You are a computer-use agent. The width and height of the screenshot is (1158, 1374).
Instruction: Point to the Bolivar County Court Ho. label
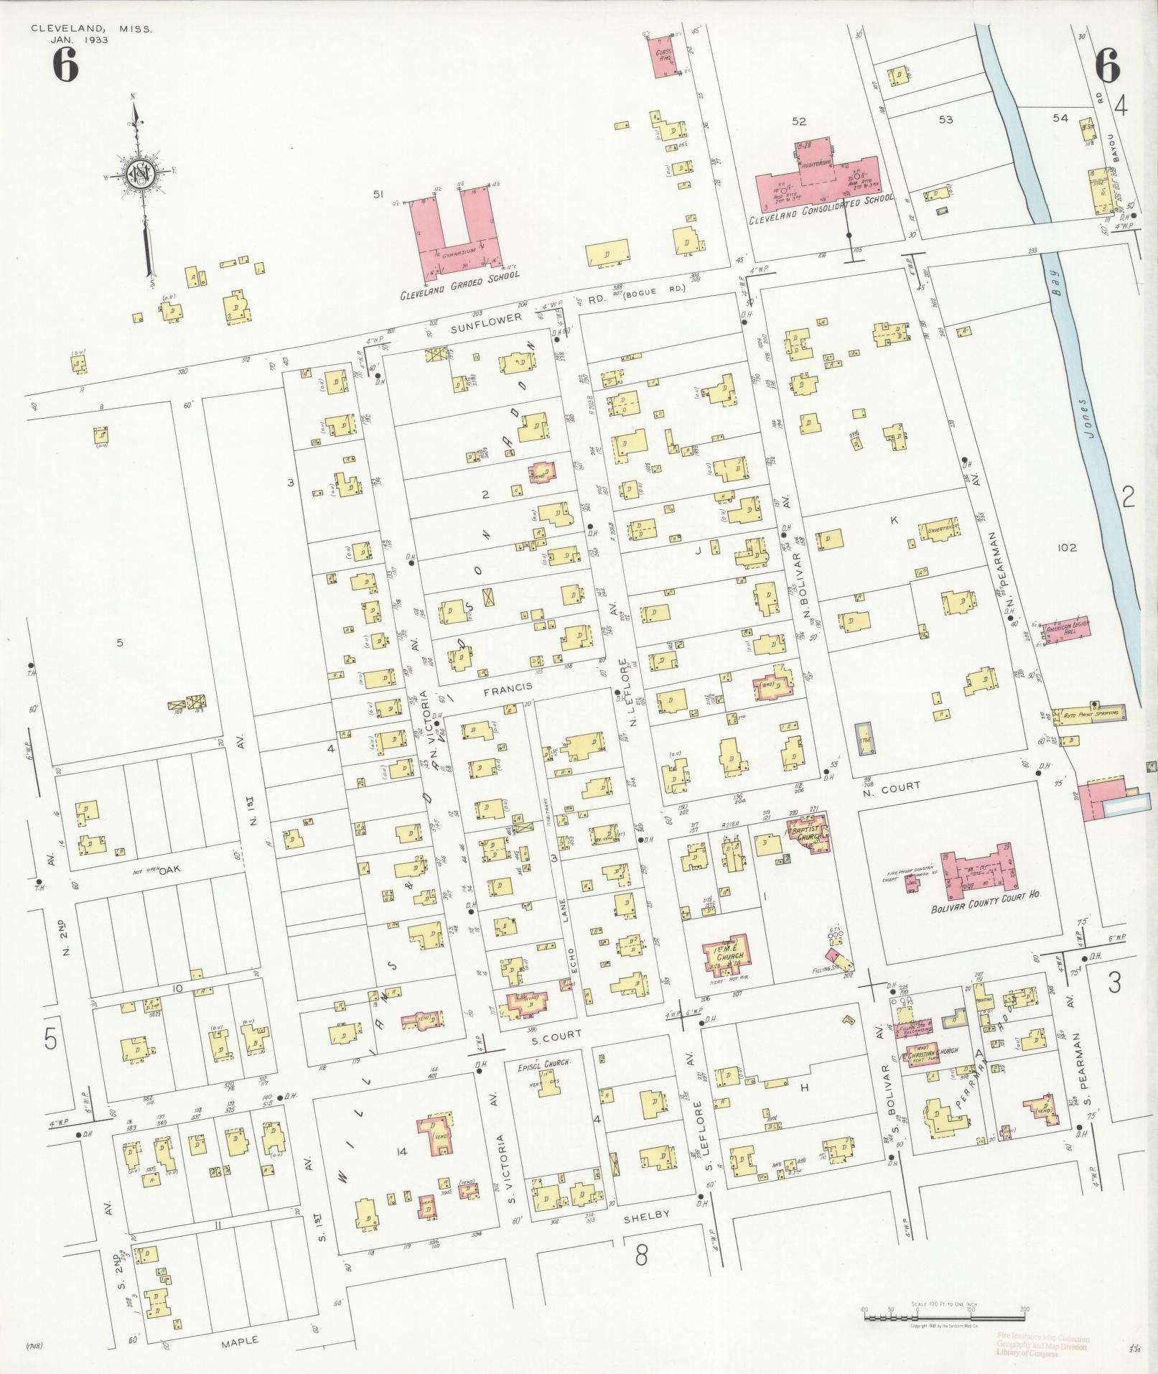[x=985, y=897]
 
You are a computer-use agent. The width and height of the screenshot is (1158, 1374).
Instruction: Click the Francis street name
[x=508, y=687]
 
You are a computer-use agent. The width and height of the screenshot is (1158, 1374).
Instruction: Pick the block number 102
[x=1067, y=548]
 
